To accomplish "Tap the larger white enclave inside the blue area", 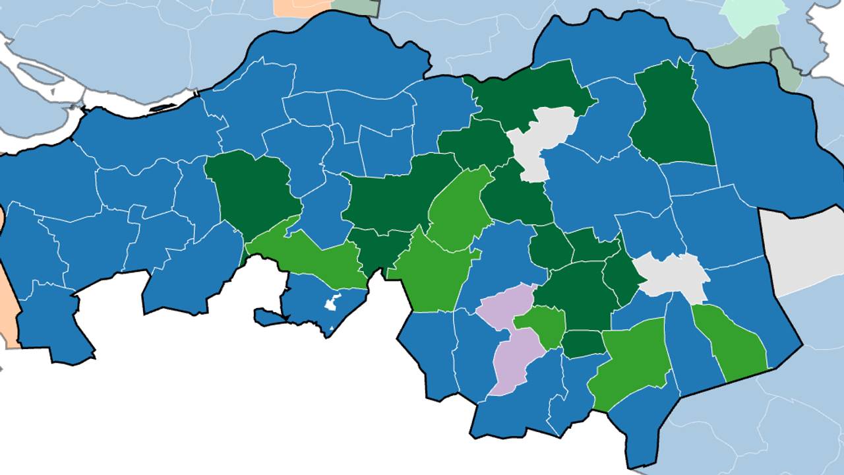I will tap(331, 303).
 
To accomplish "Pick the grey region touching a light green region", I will tap(669, 276).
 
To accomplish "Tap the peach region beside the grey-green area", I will tap(303, 7).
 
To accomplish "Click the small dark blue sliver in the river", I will tap(162, 108).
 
